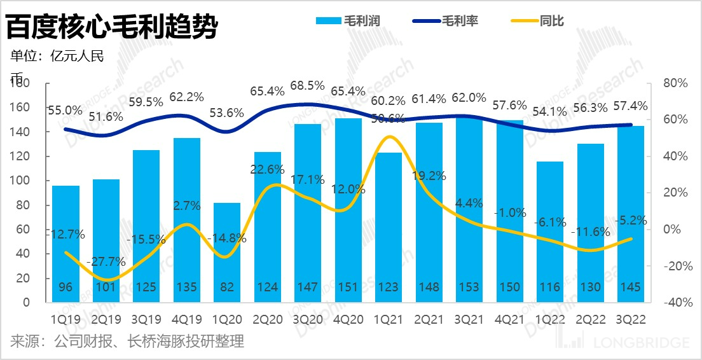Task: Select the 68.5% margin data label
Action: tap(307, 85)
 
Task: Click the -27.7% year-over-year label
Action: tap(106, 261)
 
